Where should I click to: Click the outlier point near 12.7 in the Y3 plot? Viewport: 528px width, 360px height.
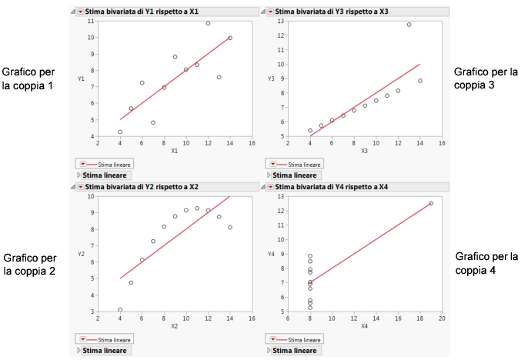click(409, 25)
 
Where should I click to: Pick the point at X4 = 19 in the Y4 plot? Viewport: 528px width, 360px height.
click(431, 203)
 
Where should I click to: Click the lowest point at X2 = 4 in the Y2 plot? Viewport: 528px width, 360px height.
click(120, 309)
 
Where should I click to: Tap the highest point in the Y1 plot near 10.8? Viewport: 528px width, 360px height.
click(208, 24)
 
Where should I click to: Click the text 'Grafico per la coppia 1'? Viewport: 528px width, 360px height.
click(28, 78)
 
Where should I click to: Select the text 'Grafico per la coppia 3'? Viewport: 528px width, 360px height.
click(485, 78)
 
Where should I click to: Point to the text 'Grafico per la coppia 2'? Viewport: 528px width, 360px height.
click(28, 264)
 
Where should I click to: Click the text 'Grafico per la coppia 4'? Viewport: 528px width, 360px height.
click(486, 263)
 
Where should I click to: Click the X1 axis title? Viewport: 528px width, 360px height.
click(175, 151)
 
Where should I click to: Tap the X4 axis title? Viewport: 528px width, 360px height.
click(364, 326)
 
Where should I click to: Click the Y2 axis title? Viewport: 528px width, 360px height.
click(81, 254)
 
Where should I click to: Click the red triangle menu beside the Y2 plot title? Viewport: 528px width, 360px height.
click(81, 186)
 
